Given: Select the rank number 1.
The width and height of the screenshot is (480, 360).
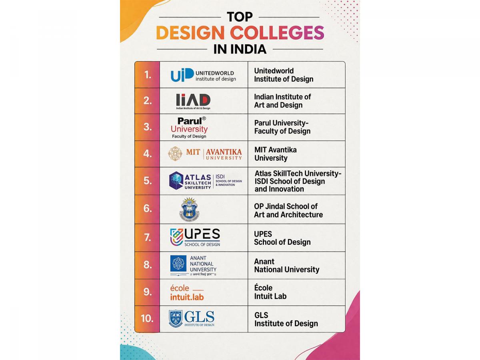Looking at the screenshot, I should [x=148, y=75].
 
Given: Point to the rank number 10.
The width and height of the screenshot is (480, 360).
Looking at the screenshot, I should [x=147, y=319].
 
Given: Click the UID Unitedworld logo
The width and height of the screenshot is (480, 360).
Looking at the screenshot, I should [x=203, y=75].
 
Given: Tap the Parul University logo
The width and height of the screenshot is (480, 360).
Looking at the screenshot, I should [x=189, y=127].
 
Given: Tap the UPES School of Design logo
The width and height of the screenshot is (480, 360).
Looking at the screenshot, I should [x=195, y=237].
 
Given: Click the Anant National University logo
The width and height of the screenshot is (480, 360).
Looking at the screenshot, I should [x=193, y=266].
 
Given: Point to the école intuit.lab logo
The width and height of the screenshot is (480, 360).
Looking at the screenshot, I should [x=187, y=292].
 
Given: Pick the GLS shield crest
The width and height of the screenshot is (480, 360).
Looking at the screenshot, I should [x=176, y=318].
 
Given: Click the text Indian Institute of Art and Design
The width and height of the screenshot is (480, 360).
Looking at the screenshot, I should [x=282, y=101].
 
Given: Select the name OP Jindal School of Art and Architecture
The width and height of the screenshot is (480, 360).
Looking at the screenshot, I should [x=288, y=210].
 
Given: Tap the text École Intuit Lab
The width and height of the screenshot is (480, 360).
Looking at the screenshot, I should [x=270, y=292].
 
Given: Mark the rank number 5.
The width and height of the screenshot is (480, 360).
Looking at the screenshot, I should [x=148, y=181].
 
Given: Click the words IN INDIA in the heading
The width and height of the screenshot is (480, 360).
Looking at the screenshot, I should [x=240, y=49].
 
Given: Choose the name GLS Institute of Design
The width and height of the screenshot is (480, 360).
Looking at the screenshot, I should [x=286, y=319].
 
